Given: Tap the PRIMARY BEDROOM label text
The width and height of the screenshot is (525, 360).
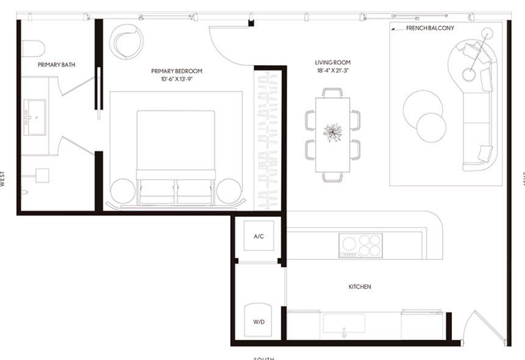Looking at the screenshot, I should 177,71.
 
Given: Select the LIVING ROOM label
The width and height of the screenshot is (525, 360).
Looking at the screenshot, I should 333,62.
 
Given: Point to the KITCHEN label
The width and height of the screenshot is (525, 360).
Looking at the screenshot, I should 359,286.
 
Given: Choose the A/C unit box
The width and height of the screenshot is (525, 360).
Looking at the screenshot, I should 258,236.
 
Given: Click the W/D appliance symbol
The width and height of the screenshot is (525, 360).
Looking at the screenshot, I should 258,320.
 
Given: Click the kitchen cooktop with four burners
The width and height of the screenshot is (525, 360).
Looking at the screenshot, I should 361,245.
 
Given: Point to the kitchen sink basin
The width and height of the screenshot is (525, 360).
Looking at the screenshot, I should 344,323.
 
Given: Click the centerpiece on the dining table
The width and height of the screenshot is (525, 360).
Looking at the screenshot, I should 333,132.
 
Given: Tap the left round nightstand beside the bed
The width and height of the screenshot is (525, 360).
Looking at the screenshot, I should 122,191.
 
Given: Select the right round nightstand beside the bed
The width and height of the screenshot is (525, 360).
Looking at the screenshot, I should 230,191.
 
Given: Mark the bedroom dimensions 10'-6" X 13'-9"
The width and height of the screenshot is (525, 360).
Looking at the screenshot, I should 177,79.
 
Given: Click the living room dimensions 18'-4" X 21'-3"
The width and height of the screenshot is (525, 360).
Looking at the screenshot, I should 333,71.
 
